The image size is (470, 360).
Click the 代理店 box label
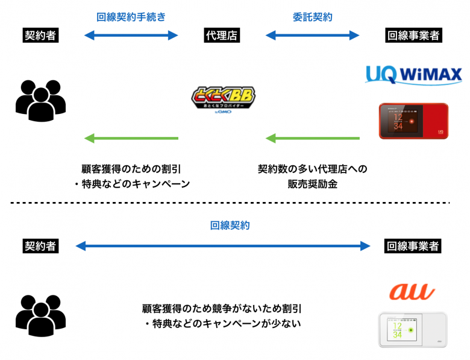tap(222, 36)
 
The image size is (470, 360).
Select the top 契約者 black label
tap(40, 36)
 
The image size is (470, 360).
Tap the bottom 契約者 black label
tap(40, 246)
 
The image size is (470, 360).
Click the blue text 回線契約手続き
tap(131, 17)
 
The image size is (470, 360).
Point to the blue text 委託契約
tap(312, 17)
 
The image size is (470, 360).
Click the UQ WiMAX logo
tap(413, 74)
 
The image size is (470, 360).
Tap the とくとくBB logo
tap(223, 98)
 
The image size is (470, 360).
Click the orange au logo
tap(412, 291)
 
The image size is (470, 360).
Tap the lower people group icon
tap(40, 314)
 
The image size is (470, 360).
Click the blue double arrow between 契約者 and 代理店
tap(131, 36)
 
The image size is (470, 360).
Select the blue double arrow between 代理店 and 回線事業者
tap(312, 36)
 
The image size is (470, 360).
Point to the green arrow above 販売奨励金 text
tap(312, 139)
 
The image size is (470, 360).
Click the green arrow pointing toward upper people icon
tap(131, 139)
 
